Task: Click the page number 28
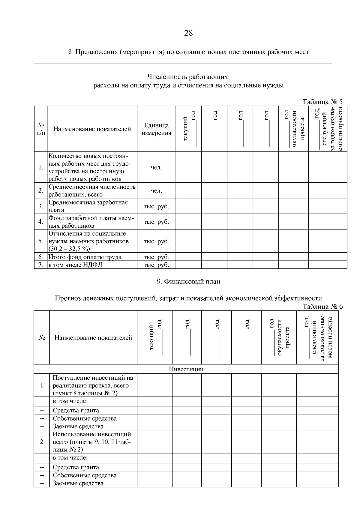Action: [x=188, y=33]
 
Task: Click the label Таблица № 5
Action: [x=322, y=102]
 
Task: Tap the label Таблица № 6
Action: [x=322, y=307]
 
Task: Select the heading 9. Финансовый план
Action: [x=188, y=281]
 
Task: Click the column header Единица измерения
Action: [x=156, y=129]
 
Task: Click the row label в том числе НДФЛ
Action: [x=75, y=265]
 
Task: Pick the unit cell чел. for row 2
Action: [x=156, y=190]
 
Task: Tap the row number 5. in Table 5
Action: [x=41, y=241]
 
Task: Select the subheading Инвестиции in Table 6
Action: [x=186, y=369]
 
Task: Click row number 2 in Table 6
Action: [x=41, y=442]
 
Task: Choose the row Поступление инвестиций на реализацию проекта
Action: [x=93, y=385]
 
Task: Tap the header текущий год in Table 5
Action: [x=188, y=129]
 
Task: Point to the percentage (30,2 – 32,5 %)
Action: [x=69, y=249]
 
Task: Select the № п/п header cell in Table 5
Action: [x=41, y=129]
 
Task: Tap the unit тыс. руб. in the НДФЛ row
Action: [x=156, y=265]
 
